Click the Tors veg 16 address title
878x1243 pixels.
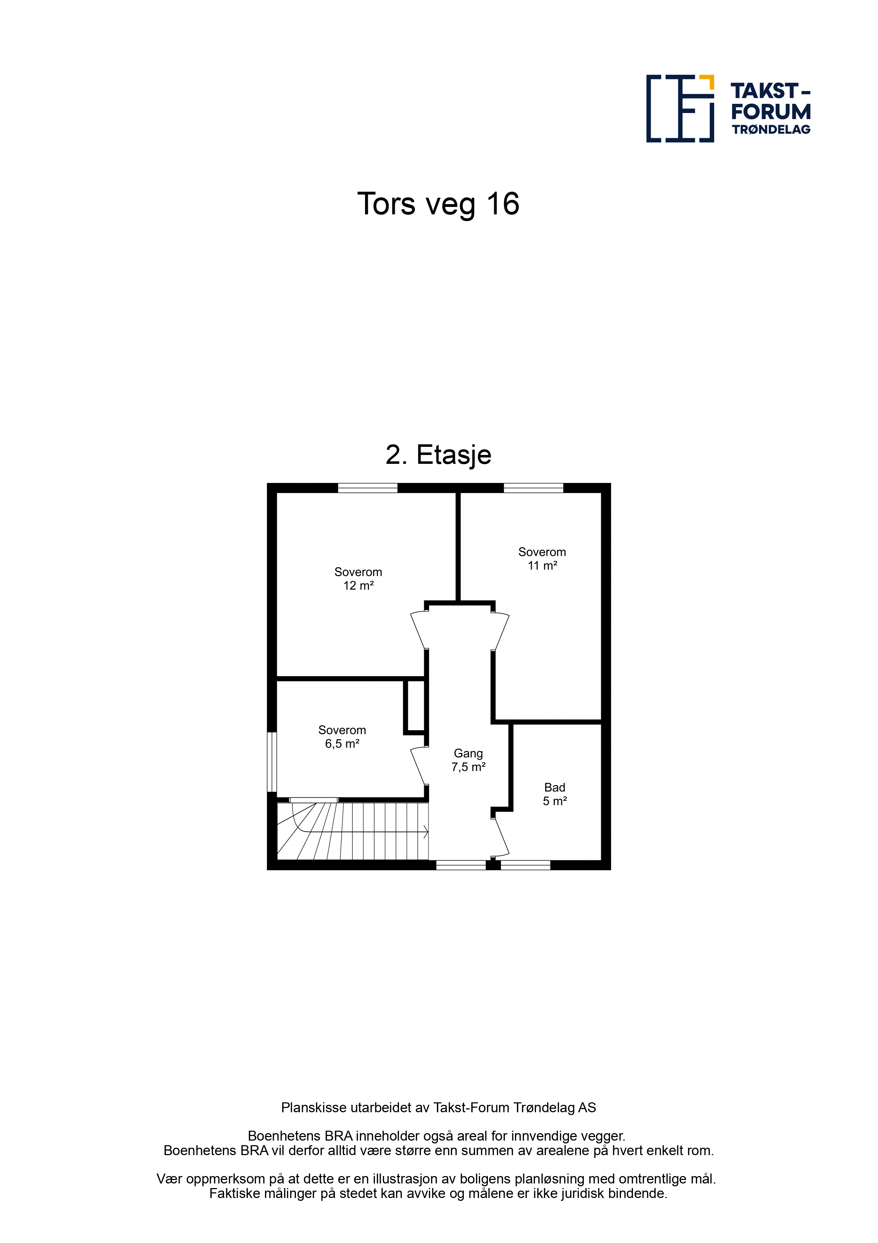(x=438, y=204)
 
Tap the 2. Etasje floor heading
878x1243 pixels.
(x=438, y=455)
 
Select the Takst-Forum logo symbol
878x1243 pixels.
(x=680, y=109)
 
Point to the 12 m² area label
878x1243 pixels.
(x=358, y=585)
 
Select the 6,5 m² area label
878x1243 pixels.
(x=342, y=744)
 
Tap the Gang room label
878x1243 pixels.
(x=468, y=754)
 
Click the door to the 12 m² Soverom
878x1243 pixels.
(x=419, y=630)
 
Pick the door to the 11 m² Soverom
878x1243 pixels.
(x=500, y=631)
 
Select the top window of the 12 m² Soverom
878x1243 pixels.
(x=368, y=488)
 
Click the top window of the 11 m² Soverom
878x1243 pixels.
(x=534, y=488)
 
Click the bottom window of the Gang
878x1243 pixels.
(x=461, y=865)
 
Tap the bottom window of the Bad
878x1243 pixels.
(x=525, y=865)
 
